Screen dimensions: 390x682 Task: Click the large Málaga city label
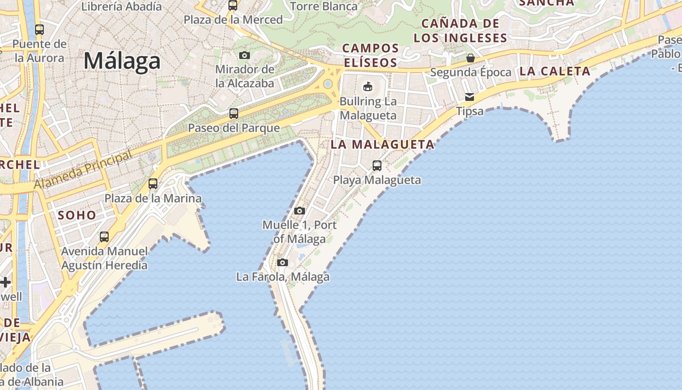(x=122, y=61)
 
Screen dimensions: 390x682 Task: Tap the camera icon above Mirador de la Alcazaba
(x=245, y=55)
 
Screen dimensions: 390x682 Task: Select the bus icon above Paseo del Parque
(x=234, y=114)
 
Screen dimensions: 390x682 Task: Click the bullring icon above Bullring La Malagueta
(x=367, y=87)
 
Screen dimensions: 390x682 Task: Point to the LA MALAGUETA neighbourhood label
(x=382, y=144)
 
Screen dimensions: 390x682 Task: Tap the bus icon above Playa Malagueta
(x=377, y=166)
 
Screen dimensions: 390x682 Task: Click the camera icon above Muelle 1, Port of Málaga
(x=300, y=211)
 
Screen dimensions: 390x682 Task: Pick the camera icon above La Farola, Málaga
(x=282, y=263)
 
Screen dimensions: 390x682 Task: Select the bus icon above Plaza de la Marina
(x=153, y=184)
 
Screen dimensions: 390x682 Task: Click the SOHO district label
(x=77, y=215)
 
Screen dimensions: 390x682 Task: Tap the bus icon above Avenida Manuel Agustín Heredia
(x=104, y=237)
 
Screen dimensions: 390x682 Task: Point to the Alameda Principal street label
(x=83, y=171)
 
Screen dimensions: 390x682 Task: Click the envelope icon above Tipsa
(x=470, y=97)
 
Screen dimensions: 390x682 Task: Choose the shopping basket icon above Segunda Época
(x=470, y=58)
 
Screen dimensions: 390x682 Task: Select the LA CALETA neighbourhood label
(x=555, y=71)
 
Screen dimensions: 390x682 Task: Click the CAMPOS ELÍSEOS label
(x=371, y=55)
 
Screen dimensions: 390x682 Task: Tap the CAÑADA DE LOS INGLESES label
(x=460, y=30)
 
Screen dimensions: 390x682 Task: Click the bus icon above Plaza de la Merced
(x=233, y=5)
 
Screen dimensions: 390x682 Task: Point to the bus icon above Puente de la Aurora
(x=39, y=30)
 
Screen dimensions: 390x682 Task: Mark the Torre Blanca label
(x=323, y=6)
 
